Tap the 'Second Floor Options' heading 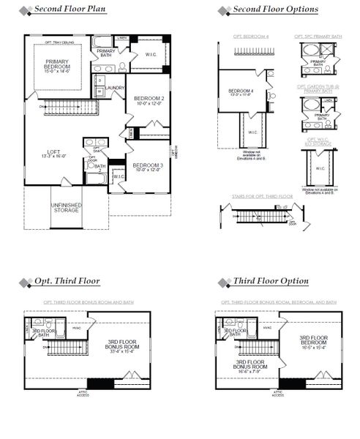coord(275,10)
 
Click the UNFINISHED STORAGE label coord(65,207)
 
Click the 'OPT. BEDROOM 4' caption coord(246,34)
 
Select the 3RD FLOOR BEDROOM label coord(312,342)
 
